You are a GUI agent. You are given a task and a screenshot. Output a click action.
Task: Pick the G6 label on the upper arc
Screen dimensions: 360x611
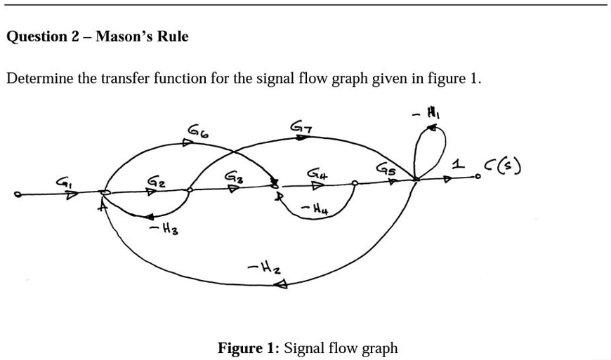197,130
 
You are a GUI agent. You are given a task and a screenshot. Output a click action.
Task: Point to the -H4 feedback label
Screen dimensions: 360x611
313,208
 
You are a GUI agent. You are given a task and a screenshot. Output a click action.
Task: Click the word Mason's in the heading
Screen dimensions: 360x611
124,36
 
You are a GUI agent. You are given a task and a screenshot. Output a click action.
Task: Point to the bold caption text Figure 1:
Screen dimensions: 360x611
248,348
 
